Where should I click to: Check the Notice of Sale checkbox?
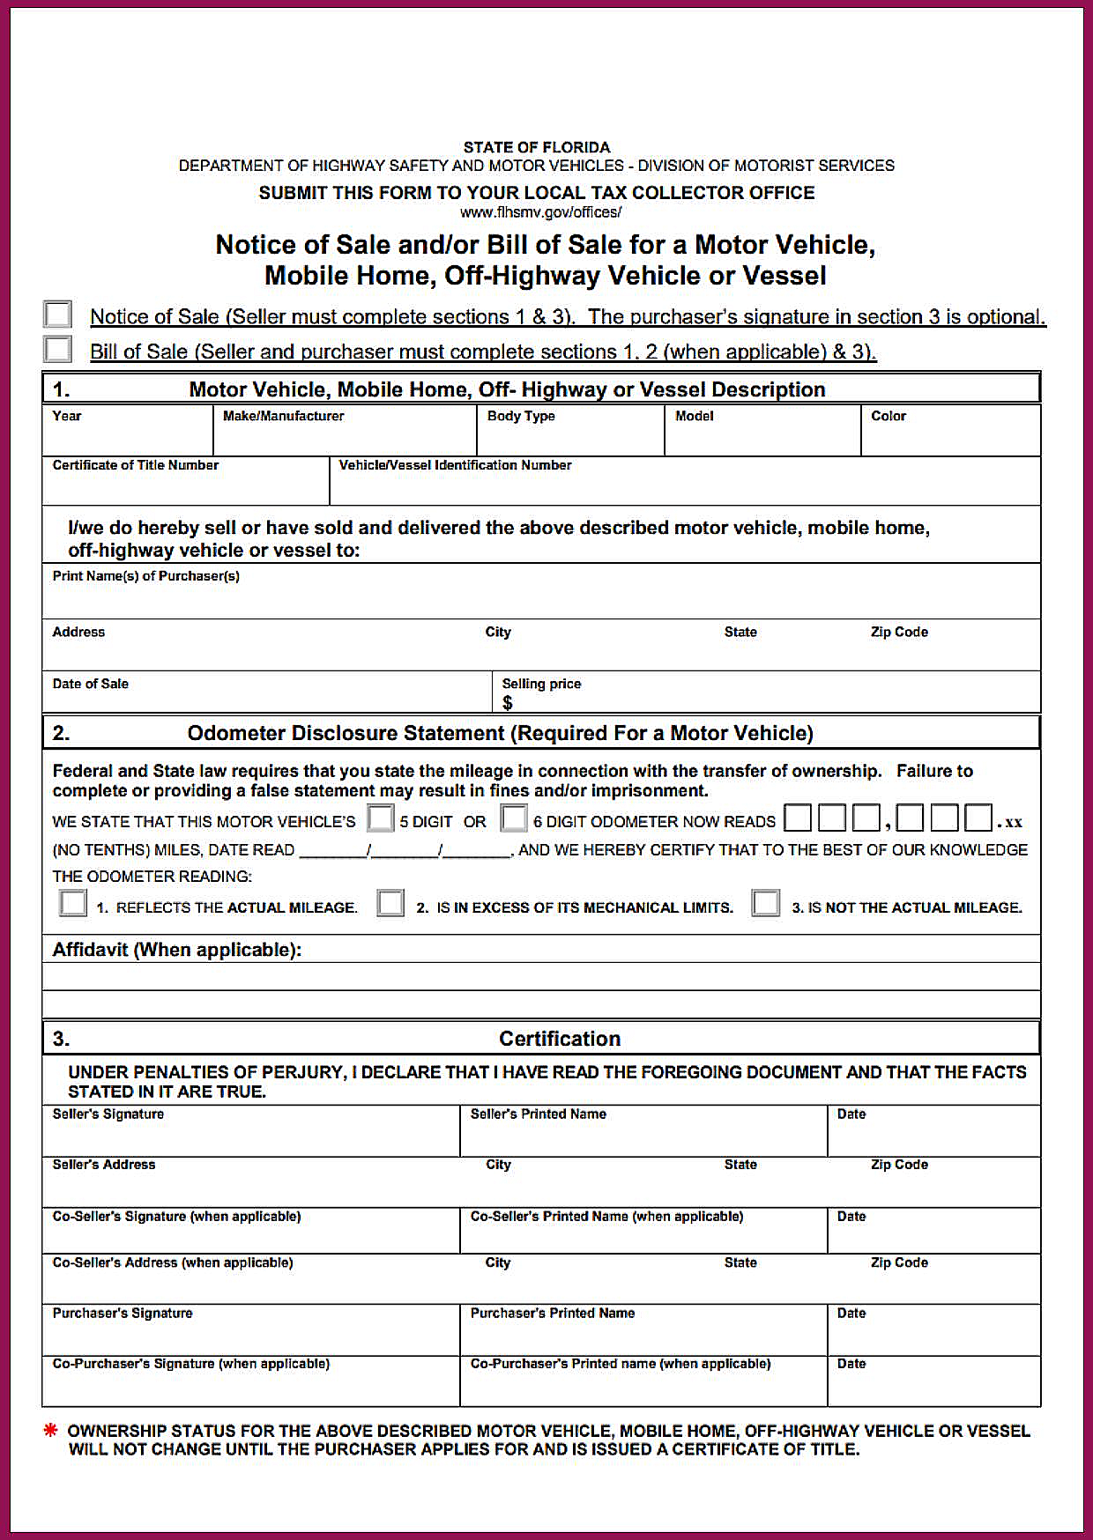58,315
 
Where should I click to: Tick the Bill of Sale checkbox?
58,349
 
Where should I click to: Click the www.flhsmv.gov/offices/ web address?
540,212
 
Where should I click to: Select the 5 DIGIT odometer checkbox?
380,818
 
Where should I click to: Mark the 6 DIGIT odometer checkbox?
514,818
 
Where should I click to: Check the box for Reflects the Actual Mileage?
73,903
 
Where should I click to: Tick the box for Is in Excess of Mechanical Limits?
390,903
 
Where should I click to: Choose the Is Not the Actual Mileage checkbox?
766,903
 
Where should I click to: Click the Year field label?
67,416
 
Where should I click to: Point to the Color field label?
888,416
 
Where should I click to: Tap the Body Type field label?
521,416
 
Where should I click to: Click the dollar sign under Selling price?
508,702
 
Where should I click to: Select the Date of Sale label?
91,684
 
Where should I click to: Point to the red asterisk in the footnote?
51,1430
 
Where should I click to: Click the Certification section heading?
560,1039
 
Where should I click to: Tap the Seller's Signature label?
108,1114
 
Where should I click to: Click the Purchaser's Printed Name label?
553,1313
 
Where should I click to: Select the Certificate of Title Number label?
136,465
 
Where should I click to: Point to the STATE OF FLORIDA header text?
537,147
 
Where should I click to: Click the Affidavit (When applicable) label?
177,950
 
